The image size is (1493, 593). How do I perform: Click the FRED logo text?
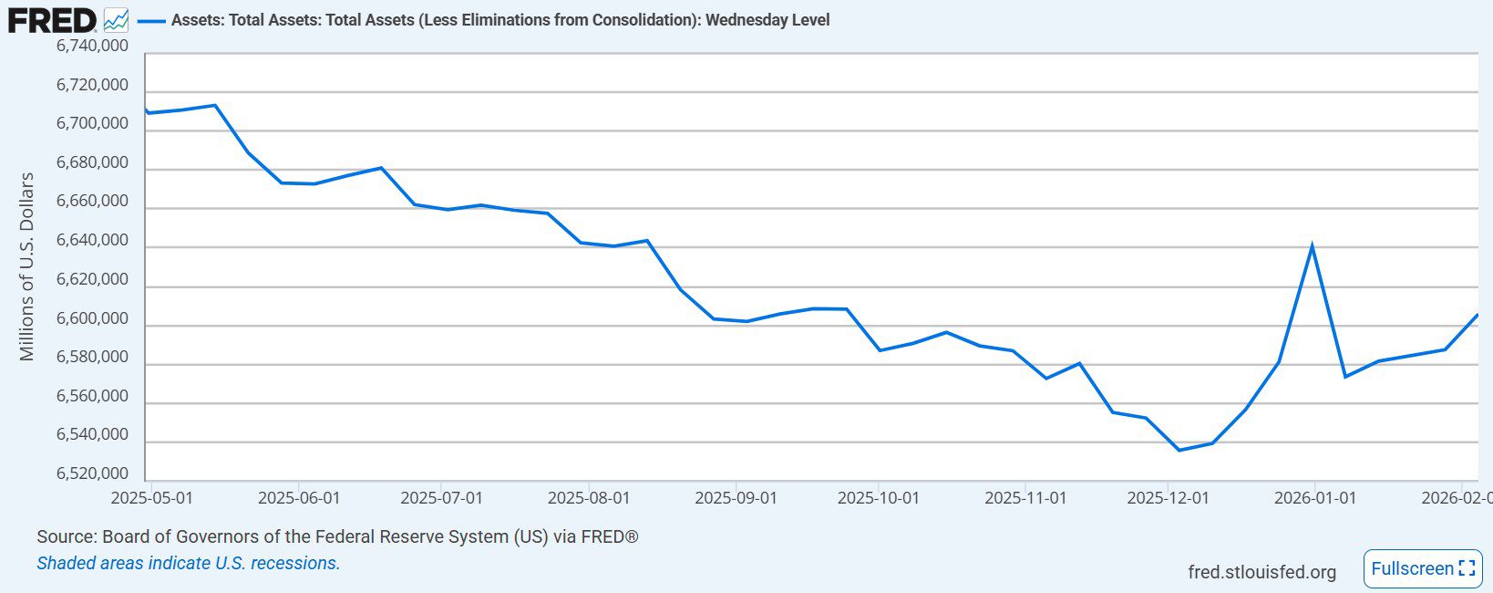51,19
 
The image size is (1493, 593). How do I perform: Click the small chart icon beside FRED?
116,19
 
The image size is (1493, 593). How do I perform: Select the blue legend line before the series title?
151,20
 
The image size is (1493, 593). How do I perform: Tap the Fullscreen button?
1422,568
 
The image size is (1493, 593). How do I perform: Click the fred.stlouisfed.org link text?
1261,572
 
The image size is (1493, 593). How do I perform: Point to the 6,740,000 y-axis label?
92,46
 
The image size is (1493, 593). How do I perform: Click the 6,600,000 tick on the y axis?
92,318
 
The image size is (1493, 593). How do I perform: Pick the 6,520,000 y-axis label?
92,473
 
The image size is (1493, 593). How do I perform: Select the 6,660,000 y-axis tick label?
92,202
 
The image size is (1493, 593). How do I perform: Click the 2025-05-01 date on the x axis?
151,498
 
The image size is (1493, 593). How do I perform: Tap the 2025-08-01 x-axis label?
588,498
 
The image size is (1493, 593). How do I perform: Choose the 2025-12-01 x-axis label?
1168,498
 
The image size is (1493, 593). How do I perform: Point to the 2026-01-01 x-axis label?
1314,498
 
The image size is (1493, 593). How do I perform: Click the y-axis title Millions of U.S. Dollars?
26,266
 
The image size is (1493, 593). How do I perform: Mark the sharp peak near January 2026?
1312,244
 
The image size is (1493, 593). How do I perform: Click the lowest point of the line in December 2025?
1179,450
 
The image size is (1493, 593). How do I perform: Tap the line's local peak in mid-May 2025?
214,105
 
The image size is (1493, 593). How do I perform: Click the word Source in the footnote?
66,536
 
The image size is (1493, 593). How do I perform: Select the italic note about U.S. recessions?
188,563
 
